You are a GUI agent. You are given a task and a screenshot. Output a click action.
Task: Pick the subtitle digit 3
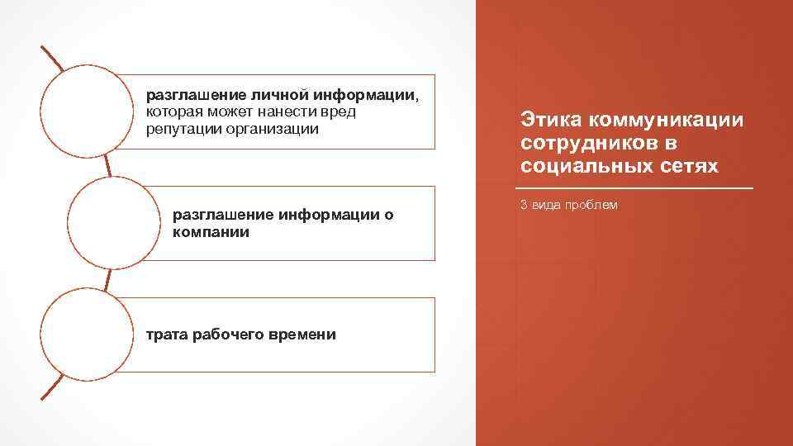click(x=524, y=205)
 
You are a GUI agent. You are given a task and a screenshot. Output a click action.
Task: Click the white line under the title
click(x=637, y=189)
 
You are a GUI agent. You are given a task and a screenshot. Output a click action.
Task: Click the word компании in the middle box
click(x=211, y=232)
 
